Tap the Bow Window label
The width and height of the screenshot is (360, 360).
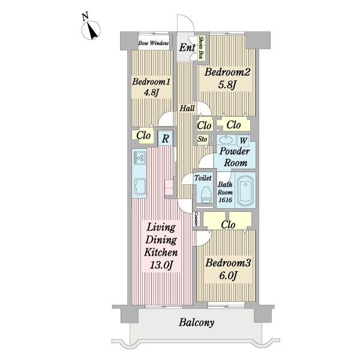pyautogui.click(x=154, y=43)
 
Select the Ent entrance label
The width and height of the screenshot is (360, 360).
pyautogui.click(x=187, y=47)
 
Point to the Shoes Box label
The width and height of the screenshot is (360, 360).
pyautogui.click(x=202, y=47)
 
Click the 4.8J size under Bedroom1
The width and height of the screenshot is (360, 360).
pyautogui.click(x=151, y=92)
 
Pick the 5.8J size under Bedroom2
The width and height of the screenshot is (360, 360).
pyautogui.click(x=227, y=85)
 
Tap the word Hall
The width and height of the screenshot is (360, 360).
pyautogui.click(x=187, y=108)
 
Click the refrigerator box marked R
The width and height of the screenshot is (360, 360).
pyautogui.click(x=166, y=139)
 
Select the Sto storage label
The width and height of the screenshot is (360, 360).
pyautogui.click(x=202, y=139)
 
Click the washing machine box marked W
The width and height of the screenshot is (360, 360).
pyautogui.click(x=243, y=140)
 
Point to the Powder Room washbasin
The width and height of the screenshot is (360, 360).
pyautogui.click(x=227, y=139)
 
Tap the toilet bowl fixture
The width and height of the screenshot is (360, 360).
pyautogui.click(x=206, y=194)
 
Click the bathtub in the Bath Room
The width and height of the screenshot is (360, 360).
pyautogui.click(x=245, y=190)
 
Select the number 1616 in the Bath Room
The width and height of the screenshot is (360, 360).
pyautogui.click(x=225, y=200)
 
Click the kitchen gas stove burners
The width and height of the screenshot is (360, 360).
pyautogui.click(x=139, y=157)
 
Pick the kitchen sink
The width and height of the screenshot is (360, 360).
pyautogui.click(x=139, y=186)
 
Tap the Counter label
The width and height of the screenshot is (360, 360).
pyautogui.click(x=197, y=218)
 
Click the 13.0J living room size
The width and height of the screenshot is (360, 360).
pyautogui.click(x=161, y=265)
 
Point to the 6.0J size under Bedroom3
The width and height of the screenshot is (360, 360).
pyautogui.click(x=228, y=275)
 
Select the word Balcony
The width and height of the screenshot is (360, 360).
pyautogui.click(x=197, y=323)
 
